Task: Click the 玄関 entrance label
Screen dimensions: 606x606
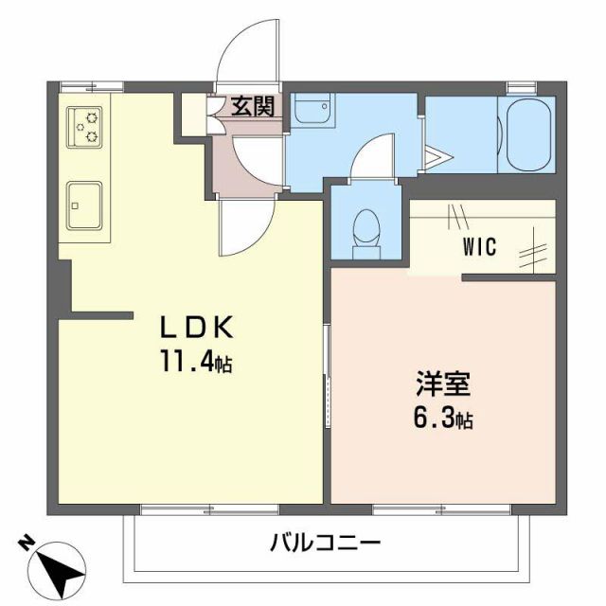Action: (x=253, y=106)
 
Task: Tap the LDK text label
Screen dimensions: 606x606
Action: (x=195, y=328)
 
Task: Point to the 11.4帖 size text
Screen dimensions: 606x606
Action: (x=195, y=363)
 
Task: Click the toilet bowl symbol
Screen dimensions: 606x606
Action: (x=365, y=229)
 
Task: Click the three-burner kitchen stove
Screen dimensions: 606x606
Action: (x=83, y=127)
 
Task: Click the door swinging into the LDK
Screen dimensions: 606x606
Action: (x=244, y=227)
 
